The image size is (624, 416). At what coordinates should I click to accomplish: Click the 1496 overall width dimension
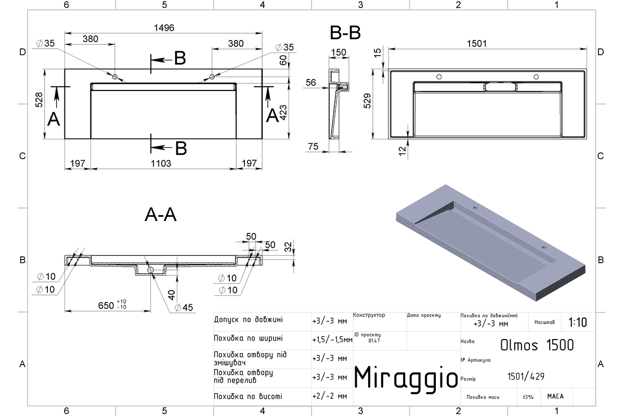point(164,28)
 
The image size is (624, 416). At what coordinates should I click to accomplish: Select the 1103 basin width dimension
point(161,163)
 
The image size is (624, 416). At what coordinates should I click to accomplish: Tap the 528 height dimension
point(39,100)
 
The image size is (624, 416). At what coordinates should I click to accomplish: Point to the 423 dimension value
point(283,112)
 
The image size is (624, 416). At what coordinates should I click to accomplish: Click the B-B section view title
point(345,33)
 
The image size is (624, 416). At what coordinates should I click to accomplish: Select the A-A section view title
point(161,215)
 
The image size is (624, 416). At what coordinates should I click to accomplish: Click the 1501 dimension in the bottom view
point(477,44)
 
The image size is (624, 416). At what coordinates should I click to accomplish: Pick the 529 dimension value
point(368,101)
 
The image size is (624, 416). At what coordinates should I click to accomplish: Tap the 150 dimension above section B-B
point(339,53)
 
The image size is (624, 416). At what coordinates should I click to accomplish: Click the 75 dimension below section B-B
point(314,146)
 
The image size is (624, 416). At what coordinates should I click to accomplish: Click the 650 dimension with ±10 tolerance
point(112,305)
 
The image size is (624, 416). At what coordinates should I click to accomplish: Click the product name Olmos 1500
point(537,345)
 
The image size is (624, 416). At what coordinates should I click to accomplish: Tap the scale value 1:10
point(578,322)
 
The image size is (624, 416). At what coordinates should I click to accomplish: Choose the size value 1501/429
point(526,376)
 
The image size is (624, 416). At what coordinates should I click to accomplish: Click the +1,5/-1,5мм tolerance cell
point(332,340)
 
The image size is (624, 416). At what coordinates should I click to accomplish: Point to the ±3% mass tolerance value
point(528,397)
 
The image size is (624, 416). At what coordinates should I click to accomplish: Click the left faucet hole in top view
point(115,76)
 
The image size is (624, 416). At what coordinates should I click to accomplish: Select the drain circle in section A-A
point(150,270)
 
